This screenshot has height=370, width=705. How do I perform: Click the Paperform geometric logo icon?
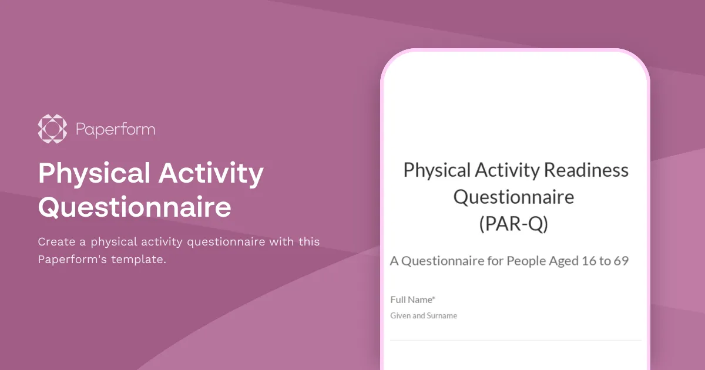click(52, 129)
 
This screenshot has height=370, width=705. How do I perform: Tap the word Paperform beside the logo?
click(116, 129)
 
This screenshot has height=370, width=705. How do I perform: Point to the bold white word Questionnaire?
click(135, 207)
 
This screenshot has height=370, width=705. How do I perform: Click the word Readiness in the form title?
click(586, 170)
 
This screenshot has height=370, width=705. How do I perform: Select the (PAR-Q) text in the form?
click(513, 224)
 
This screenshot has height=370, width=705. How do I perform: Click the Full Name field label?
click(411, 300)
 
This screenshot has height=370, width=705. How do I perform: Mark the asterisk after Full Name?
click(434, 298)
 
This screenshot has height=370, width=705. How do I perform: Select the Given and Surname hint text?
click(424, 316)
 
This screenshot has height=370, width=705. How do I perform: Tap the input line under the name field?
click(515, 339)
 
